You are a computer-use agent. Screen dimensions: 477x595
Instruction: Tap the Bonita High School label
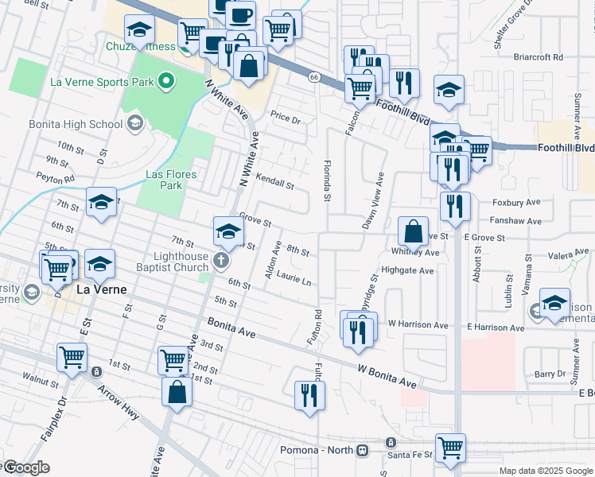(x=76, y=124)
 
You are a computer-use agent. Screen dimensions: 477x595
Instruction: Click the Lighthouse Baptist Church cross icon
(x=221, y=259)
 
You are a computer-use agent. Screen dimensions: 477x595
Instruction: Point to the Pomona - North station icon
(x=363, y=450)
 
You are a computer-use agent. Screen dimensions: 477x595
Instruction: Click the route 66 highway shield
(x=315, y=76)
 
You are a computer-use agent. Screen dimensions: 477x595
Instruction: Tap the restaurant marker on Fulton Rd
(x=308, y=395)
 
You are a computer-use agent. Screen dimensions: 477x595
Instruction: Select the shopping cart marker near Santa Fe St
(x=450, y=447)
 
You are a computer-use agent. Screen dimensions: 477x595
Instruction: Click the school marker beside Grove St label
(x=227, y=231)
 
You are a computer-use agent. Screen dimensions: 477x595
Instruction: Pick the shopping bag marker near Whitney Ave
(x=414, y=232)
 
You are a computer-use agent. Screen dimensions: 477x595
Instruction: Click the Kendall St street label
(x=276, y=182)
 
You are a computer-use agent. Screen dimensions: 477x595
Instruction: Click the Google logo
(x=25, y=467)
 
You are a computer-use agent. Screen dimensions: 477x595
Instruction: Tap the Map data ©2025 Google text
(x=546, y=471)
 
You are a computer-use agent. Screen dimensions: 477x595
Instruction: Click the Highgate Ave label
(x=407, y=270)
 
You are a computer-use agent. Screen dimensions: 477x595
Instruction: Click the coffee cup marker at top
(x=240, y=14)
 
